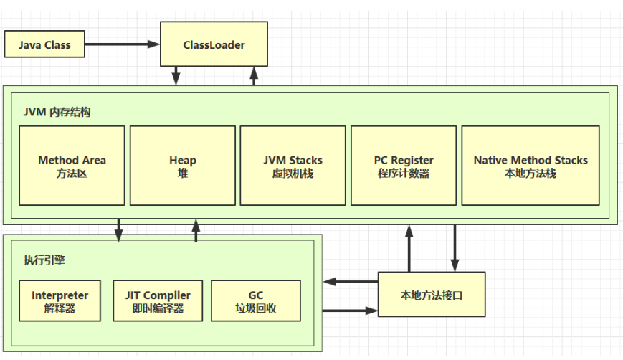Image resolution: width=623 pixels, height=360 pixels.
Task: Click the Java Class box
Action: coord(44,44)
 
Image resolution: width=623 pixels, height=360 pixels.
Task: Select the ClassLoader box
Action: coord(214,44)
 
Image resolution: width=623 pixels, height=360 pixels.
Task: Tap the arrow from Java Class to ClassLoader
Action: coord(122,44)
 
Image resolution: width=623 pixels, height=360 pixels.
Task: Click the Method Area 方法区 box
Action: coord(72,166)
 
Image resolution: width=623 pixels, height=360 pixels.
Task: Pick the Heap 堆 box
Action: coord(183,166)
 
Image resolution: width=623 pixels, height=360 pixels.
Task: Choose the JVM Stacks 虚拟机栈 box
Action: coord(293,166)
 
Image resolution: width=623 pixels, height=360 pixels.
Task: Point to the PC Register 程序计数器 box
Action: coord(404,166)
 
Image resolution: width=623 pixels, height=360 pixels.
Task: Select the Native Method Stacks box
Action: coord(531,166)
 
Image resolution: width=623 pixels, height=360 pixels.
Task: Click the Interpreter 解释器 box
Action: coord(60,301)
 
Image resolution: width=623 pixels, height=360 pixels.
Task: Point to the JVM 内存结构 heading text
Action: coord(57,113)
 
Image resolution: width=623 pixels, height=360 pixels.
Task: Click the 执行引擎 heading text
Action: coord(44,260)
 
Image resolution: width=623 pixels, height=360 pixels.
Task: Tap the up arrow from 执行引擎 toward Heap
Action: coord(195,231)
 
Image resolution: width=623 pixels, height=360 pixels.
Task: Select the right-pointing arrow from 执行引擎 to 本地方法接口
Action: coord(350,311)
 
